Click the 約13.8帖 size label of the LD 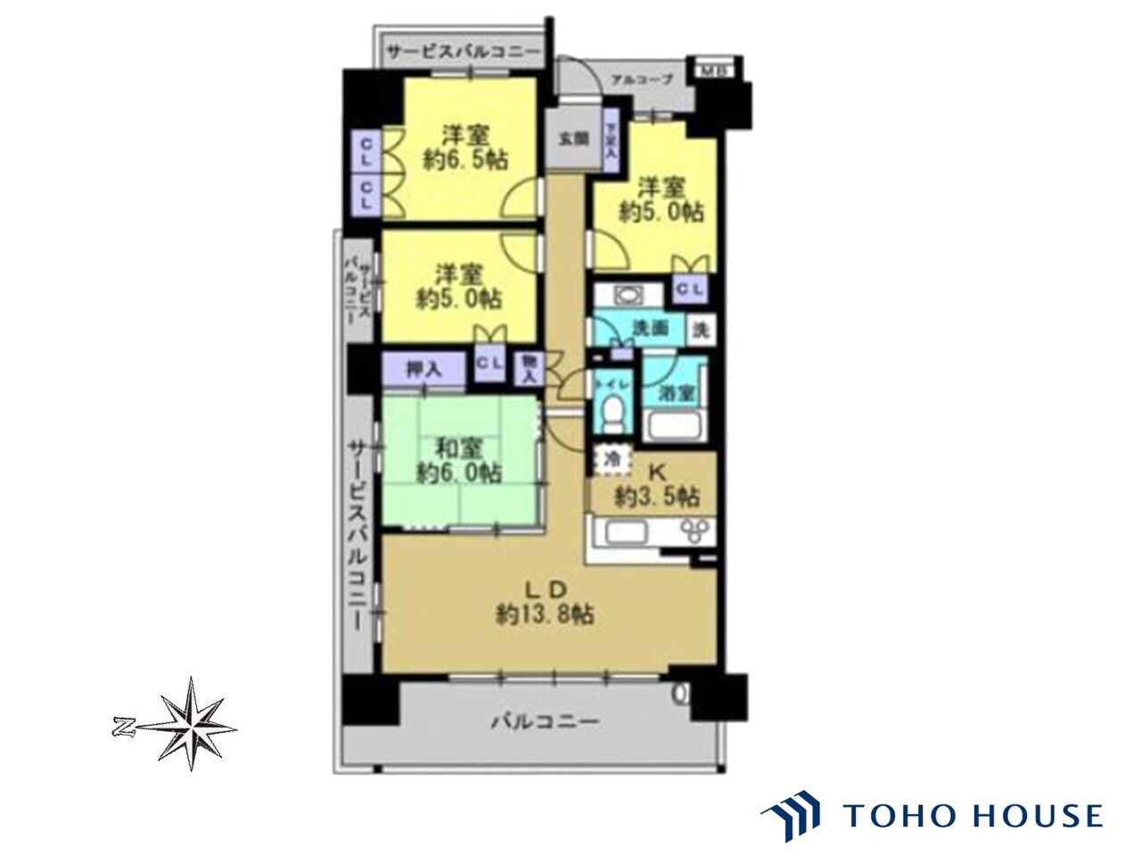coord(546,614)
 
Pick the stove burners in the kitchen coord(695,532)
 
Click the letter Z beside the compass coord(120,725)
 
